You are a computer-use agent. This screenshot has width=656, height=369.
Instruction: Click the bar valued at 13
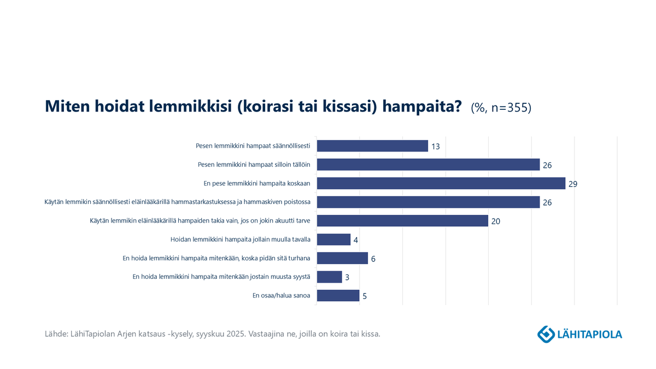tap(372, 146)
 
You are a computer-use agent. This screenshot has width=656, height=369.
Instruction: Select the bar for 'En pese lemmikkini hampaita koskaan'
tap(441, 183)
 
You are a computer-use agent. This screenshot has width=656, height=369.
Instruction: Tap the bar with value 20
tap(402, 221)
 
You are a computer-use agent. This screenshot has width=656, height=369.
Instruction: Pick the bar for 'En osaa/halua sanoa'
tap(338, 296)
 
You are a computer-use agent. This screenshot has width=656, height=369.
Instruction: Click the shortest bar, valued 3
tap(329, 277)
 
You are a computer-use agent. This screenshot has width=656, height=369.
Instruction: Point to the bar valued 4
tap(333, 239)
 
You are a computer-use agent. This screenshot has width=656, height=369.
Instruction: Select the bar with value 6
tap(342, 258)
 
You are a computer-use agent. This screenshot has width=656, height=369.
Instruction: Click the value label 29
tap(573, 184)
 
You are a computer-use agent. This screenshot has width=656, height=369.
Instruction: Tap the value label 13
tap(435, 147)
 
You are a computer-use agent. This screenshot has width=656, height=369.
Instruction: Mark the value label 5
tap(365, 297)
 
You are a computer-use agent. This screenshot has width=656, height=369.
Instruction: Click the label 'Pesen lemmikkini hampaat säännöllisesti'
tap(253, 146)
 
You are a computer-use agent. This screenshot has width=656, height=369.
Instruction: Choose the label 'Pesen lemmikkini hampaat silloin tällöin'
tap(254, 165)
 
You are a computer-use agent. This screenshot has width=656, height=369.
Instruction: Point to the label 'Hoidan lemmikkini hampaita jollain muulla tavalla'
tap(241, 239)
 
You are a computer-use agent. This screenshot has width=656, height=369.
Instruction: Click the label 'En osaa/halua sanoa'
tap(281, 296)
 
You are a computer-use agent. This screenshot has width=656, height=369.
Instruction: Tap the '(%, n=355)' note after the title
tap(501, 108)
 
